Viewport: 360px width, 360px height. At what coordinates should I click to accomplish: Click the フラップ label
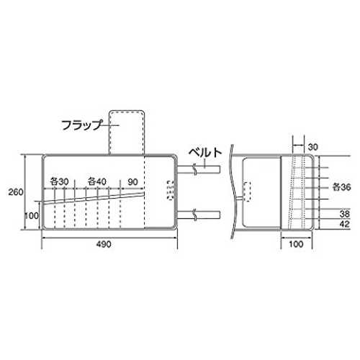(x=82, y=125)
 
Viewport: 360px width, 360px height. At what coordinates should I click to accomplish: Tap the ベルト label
(x=205, y=152)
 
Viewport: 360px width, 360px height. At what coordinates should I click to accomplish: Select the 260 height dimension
(x=16, y=192)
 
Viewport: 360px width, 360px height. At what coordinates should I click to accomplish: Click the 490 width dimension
(x=104, y=244)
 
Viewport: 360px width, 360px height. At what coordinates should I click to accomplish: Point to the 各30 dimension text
(x=59, y=181)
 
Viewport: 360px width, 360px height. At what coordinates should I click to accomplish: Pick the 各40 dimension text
(x=97, y=181)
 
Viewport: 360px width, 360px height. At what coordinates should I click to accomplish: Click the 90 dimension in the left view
(x=132, y=182)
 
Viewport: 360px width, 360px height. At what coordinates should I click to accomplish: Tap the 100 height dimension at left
(x=32, y=215)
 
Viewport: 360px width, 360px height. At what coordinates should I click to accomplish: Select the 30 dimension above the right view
(x=312, y=147)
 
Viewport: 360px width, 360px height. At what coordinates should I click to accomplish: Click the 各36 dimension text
(x=341, y=187)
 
